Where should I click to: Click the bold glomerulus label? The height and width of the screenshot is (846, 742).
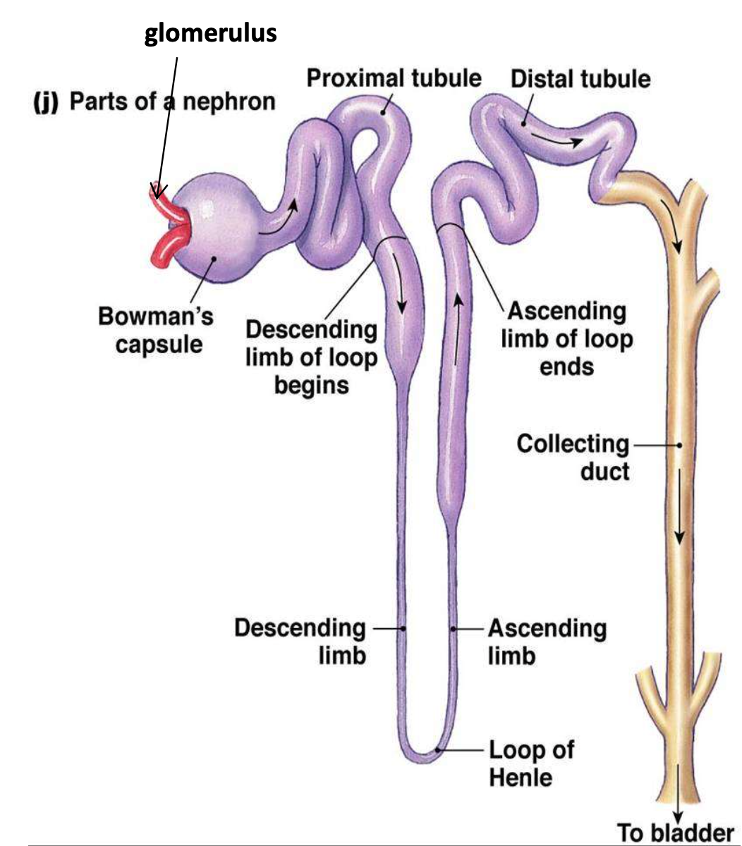click(210, 33)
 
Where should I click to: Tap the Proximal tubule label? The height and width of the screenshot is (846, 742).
click(394, 78)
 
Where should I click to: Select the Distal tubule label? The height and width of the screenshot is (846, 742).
click(580, 78)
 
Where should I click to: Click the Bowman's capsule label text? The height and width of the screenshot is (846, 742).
click(155, 330)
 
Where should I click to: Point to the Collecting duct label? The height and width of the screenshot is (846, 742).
click(572, 457)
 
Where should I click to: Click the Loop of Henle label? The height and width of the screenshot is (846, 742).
click(530, 763)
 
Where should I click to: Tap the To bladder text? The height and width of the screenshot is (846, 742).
click(676, 832)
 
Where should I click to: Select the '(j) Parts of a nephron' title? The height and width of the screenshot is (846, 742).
click(154, 102)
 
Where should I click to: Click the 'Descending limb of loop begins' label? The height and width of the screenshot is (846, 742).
click(311, 357)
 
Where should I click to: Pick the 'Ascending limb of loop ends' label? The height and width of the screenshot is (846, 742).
click(566, 338)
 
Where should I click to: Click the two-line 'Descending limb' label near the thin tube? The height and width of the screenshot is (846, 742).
click(300, 641)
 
